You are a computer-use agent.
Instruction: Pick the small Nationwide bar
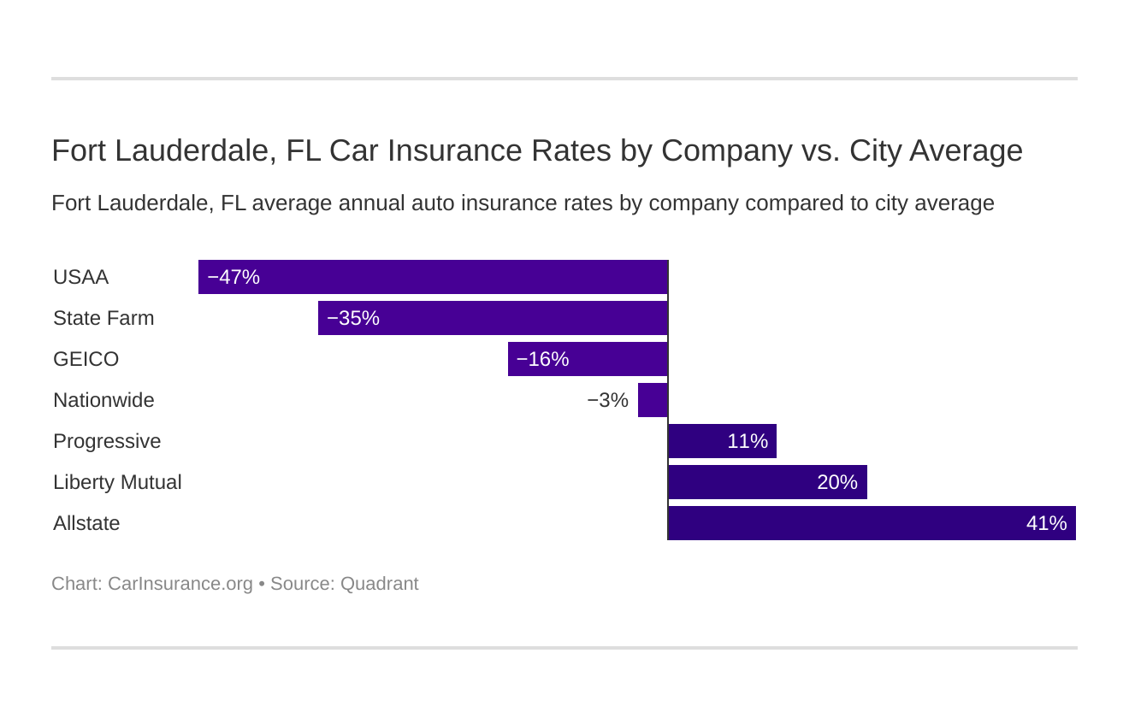point(653,400)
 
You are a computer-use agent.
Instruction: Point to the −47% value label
point(233,277)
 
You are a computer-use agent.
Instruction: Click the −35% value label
point(352,318)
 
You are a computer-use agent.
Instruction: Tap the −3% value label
point(607,400)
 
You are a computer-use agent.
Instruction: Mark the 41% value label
point(1046,523)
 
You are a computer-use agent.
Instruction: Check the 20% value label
point(836,482)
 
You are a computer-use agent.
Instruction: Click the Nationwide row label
point(103,400)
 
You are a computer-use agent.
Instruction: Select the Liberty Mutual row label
point(117,482)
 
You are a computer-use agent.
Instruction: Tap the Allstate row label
point(86,523)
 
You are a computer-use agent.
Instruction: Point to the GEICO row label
point(86,359)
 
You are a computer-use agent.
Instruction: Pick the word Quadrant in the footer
point(379,584)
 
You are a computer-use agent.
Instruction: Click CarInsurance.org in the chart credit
point(180,584)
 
